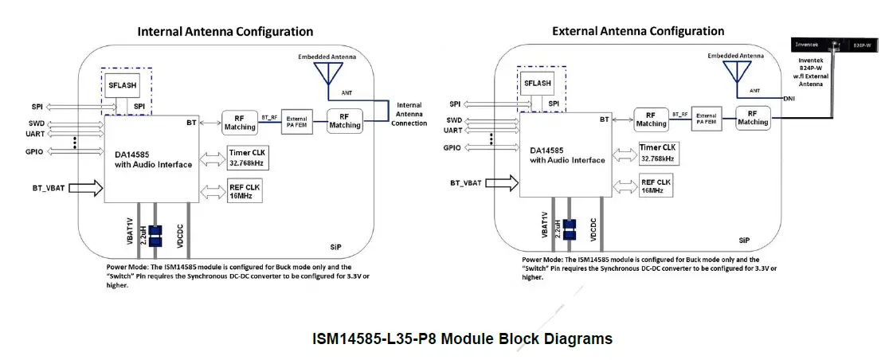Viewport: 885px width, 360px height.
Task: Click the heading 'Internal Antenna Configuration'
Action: tap(225, 32)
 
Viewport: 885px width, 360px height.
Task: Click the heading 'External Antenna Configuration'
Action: tap(638, 31)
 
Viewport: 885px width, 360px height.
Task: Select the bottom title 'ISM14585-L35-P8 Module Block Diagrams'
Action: tap(462, 338)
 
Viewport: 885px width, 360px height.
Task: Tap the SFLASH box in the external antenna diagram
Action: tap(538, 83)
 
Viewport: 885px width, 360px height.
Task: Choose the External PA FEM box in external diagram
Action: tap(706, 119)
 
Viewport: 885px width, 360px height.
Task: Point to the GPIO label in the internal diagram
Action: tap(34, 151)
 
